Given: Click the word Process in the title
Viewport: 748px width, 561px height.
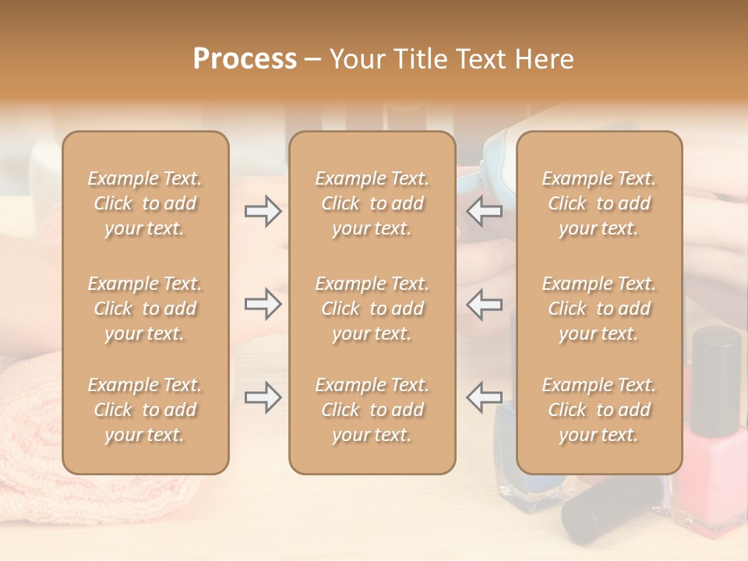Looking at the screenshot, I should (x=245, y=59).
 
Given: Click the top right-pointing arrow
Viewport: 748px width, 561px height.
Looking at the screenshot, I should (x=263, y=210).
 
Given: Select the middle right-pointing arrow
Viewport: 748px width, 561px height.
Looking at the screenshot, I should (x=263, y=304).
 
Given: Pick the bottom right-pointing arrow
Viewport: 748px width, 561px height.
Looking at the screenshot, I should (x=263, y=397).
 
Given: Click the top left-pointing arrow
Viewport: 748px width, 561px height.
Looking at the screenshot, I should (x=485, y=210).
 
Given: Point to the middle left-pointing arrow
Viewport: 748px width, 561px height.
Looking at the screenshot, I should (x=485, y=304).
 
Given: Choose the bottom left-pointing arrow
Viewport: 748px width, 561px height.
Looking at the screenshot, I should (x=485, y=397).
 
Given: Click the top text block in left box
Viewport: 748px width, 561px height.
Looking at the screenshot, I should (x=145, y=203).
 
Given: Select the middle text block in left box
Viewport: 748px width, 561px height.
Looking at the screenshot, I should (x=145, y=309).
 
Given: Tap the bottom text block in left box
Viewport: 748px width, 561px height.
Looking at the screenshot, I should (x=145, y=410).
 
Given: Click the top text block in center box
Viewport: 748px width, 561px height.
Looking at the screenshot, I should (x=372, y=203).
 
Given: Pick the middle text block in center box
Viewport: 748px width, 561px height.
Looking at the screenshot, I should (x=372, y=309).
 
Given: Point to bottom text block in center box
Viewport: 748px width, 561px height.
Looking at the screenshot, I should (x=372, y=410).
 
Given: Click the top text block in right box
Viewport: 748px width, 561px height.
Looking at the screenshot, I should (x=599, y=203).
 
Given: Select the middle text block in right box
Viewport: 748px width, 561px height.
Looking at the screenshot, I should (x=599, y=309).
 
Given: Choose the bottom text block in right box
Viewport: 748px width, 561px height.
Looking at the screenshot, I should (x=599, y=410).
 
